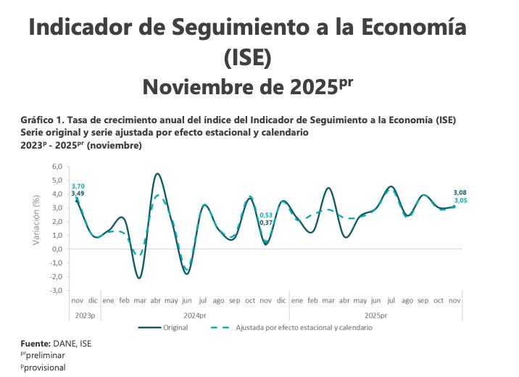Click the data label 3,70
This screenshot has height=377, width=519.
click(x=78, y=186)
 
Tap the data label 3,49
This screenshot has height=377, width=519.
click(x=78, y=194)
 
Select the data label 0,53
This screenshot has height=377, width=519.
click(x=266, y=215)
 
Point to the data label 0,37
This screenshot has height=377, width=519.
click(x=266, y=223)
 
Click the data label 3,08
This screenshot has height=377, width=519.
click(x=460, y=192)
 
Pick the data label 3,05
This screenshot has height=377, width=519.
click(x=460, y=200)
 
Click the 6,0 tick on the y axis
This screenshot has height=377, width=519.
click(x=57, y=167)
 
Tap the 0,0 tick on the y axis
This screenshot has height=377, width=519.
click(x=57, y=249)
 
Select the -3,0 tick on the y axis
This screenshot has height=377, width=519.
click(x=56, y=290)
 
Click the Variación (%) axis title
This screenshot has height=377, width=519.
click(x=36, y=218)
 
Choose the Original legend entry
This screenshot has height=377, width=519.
click(x=175, y=328)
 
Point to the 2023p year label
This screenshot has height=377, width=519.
click(x=85, y=315)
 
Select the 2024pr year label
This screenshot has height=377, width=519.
click(x=195, y=315)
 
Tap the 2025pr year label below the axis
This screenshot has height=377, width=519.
click(x=376, y=315)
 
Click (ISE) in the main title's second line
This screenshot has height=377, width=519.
click(x=247, y=57)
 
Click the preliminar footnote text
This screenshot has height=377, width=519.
click(x=45, y=356)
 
